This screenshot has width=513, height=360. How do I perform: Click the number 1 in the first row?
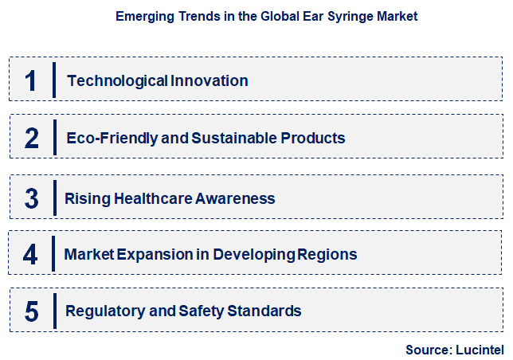[31, 80]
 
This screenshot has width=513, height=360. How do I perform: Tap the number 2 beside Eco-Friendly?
[32, 139]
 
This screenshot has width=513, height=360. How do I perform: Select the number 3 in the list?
[32, 198]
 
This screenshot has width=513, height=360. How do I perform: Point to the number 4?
[31, 254]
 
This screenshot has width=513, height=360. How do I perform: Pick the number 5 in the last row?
[32, 311]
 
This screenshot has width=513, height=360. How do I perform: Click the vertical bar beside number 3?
[54, 198]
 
